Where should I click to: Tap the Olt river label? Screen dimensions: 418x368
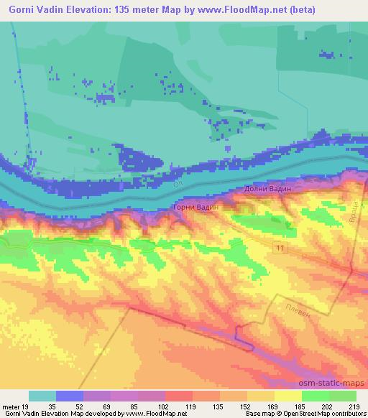pos(178,185)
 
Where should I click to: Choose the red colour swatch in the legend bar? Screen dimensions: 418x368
pos(178,396)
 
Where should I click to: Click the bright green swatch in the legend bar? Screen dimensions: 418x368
pos(315,396)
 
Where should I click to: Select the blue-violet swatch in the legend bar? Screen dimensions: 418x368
pos(70,396)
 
